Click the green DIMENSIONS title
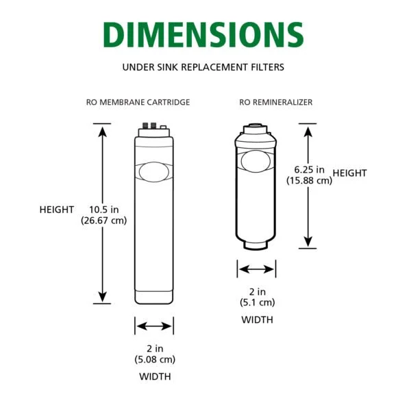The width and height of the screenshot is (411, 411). click(x=205, y=35)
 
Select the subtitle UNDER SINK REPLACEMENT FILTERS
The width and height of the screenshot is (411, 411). click(x=205, y=67)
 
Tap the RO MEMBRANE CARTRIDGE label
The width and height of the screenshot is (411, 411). click(x=138, y=102)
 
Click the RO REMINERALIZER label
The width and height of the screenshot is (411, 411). click(x=275, y=102)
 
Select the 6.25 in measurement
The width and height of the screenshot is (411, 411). click(x=309, y=170)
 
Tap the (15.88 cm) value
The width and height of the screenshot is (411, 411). click(x=309, y=180)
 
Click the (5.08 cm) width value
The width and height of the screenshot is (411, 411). click(x=154, y=359)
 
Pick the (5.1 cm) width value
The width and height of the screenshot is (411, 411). click(x=257, y=302)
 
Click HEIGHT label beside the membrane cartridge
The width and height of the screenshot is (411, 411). click(x=56, y=210)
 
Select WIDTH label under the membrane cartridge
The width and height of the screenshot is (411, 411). click(x=154, y=376)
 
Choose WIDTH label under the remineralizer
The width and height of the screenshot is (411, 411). click(x=257, y=319)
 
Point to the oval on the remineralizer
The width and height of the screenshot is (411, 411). click(x=257, y=160)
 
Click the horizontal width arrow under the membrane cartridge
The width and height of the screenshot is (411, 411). click(x=154, y=325)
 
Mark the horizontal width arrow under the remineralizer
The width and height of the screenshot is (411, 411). click(x=257, y=269)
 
